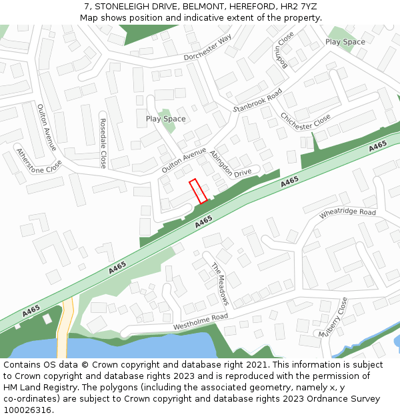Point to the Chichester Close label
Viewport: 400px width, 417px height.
pyautogui.click(x=305, y=111)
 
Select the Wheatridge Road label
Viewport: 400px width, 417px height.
pyautogui.click(x=347, y=212)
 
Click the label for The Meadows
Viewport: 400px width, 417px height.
pyautogui.click(x=221, y=284)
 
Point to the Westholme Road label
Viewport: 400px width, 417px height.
pyautogui.click(x=201, y=322)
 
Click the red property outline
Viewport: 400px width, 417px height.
pyautogui.click(x=198, y=191)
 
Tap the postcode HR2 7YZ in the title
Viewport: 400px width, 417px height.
pyautogui.click(x=299, y=6)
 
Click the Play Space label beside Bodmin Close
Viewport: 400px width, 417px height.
pyautogui.click(x=345, y=41)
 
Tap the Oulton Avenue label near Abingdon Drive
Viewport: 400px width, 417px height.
pyautogui.click(x=184, y=161)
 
